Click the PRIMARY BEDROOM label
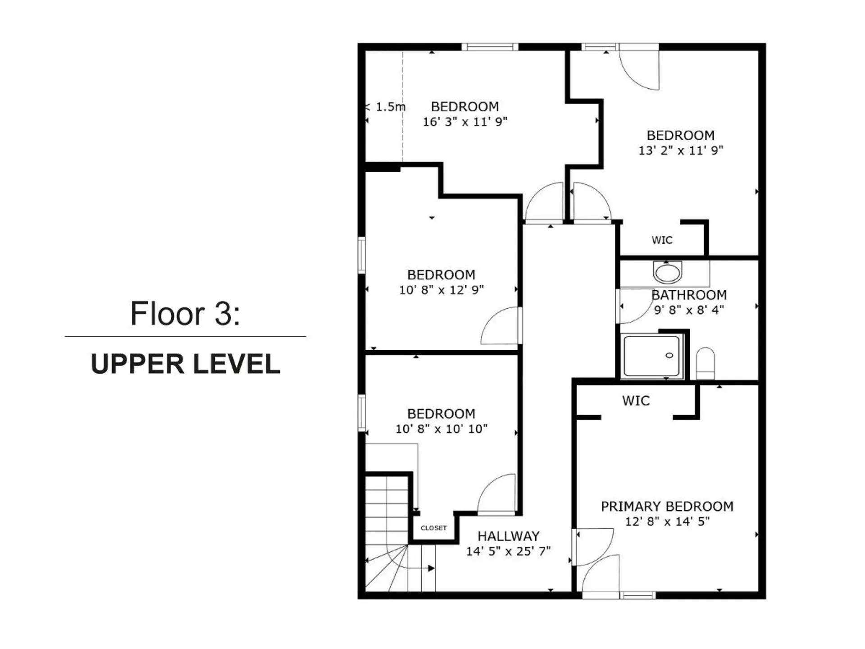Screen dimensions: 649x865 (x=667, y=507)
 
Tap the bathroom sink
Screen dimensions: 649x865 (x=668, y=273)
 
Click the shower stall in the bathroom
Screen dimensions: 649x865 (x=651, y=356)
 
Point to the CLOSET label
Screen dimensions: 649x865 (x=433, y=528)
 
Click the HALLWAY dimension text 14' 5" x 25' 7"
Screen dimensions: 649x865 (x=508, y=551)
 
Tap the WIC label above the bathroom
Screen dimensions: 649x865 (x=662, y=240)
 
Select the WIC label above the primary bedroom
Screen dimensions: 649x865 (x=636, y=401)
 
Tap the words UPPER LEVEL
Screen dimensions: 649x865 (x=185, y=364)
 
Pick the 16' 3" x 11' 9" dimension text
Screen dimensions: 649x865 (x=465, y=122)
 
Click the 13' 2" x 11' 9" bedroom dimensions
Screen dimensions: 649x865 (x=680, y=151)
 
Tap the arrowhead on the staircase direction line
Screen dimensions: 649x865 (x=431, y=568)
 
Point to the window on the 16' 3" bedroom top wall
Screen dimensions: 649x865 (x=490, y=47)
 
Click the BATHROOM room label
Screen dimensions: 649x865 (x=689, y=295)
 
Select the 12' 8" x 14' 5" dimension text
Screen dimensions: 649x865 (x=667, y=522)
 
